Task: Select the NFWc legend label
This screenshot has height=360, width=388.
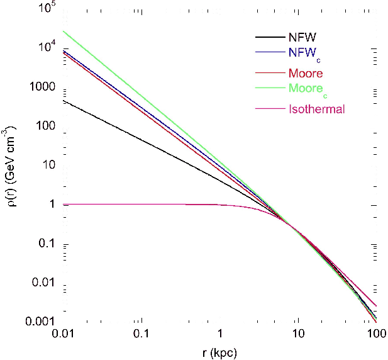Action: click(x=303, y=55)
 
